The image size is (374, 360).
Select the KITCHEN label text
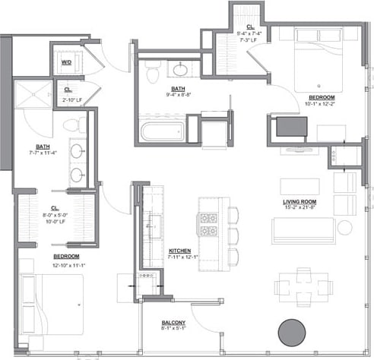tap(180, 250)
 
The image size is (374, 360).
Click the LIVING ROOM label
tap(300, 201)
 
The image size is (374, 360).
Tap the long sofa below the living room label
tap(305, 229)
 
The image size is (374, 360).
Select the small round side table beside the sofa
tap(344, 226)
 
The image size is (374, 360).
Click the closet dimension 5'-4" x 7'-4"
tap(249, 33)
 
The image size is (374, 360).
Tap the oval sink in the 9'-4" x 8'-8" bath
tap(182, 70)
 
